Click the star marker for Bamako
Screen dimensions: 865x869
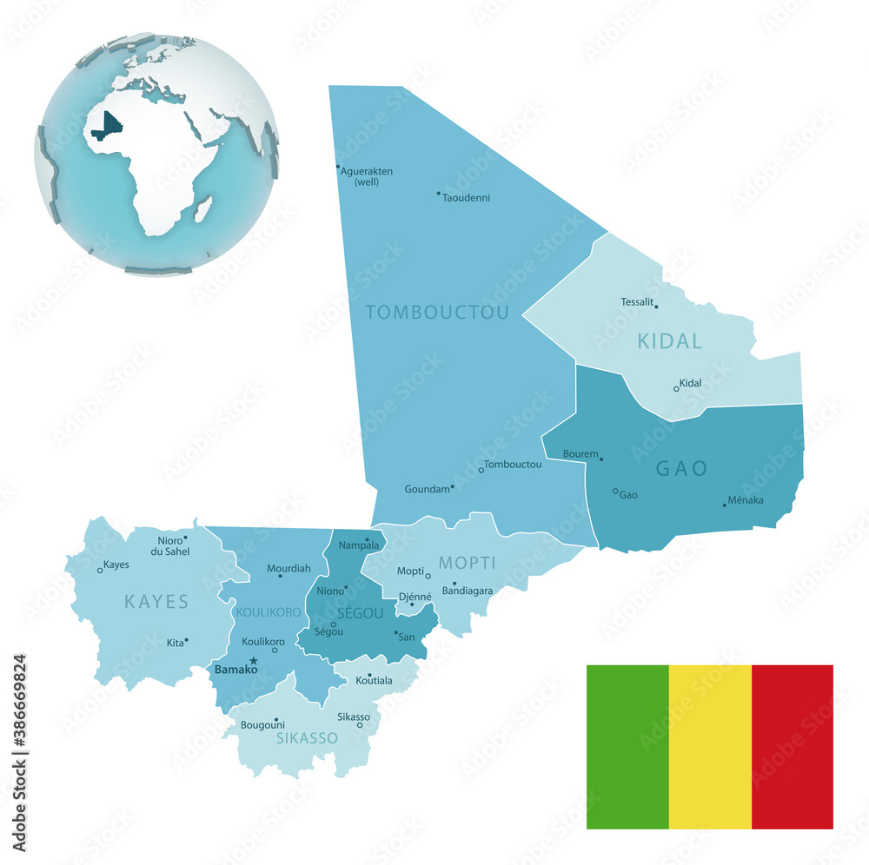click(253, 661)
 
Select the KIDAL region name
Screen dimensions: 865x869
click(670, 341)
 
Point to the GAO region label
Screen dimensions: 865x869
click(681, 469)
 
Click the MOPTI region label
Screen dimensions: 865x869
click(467, 563)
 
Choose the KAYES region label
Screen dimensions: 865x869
click(156, 601)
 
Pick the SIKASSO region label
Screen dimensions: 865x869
click(307, 738)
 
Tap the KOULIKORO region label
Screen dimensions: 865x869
click(268, 612)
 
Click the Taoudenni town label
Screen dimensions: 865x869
click(467, 198)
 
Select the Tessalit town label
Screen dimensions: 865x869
click(637, 301)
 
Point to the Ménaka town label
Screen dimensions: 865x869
click(746, 499)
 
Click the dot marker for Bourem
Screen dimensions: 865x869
click(601, 459)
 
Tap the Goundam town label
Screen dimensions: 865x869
click(427, 489)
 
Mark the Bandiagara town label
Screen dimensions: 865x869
click(468, 591)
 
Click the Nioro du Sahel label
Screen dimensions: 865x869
click(169, 545)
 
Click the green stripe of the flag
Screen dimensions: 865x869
click(627, 747)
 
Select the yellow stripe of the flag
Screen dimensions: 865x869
click(710, 747)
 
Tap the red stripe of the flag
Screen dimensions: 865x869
click(792, 747)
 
